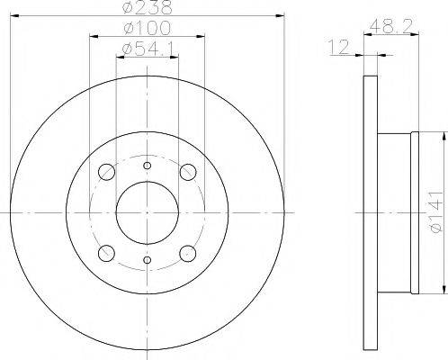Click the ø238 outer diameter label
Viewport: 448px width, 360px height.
[148, 8]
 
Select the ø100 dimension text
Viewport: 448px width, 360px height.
[147, 29]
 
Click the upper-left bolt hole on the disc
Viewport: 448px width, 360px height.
[105, 171]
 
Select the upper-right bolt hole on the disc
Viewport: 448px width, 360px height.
[188, 171]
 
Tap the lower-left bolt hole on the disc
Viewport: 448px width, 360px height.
[105, 253]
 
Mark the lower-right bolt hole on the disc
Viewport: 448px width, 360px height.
[188, 253]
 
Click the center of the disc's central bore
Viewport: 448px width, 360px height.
[147, 212]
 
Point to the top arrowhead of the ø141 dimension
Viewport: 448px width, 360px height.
[444, 135]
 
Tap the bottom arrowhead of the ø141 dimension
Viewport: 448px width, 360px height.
[444, 290]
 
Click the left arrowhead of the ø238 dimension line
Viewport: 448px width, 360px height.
[13, 16]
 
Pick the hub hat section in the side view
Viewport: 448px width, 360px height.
[396, 212]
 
